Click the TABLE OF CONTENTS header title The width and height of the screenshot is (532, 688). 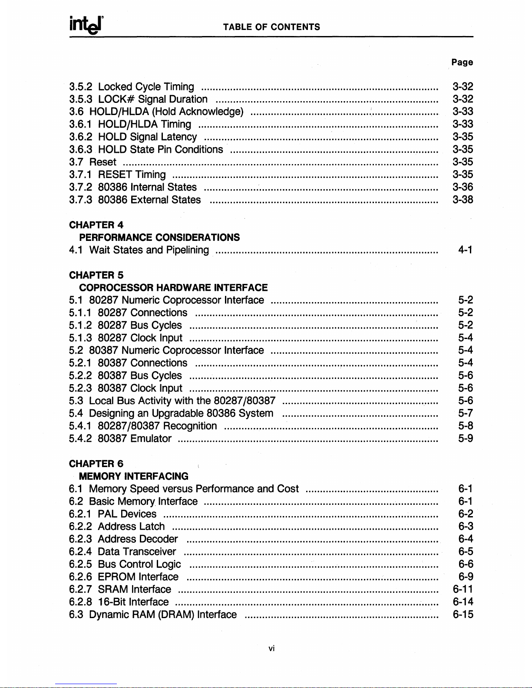pyautogui.click(x=271, y=27)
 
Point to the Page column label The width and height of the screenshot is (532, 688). pyautogui.click(x=462, y=62)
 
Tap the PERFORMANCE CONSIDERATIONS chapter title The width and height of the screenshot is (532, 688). pyautogui.click(x=159, y=237)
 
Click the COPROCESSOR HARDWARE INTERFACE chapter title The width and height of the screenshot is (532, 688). pyautogui.click(x=173, y=288)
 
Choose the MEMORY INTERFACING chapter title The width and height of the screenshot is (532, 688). pyautogui.click(x=134, y=477)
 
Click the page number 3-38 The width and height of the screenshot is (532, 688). pyautogui.click(x=463, y=200)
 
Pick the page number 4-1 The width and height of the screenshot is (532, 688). pyautogui.click(x=466, y=250)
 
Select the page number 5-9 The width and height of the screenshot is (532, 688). pyautogui.click(x=466, y=439)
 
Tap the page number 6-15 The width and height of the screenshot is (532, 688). pyautogui.click(x=463, y=615)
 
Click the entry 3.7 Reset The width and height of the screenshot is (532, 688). pyautogui.click(x=93, y=162)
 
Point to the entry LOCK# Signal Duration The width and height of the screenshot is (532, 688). pyautogui.click(x=152, y=99)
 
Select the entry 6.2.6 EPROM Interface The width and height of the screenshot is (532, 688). pyautogui.click(x=124, y=577)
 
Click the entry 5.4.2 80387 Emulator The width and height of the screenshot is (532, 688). pyautogui.click(x=120, y=439)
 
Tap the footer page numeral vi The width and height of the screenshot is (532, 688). pyautogui.click(x=271, y=648)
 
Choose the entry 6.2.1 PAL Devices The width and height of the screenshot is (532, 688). pyautogui.click(x=113, y=514)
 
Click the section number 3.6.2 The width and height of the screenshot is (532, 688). pyautogui.click(x=80, y=137)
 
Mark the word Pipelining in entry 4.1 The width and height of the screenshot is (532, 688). pyautogui.click(x=187, y=250)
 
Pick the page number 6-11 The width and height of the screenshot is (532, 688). pyautogui.click(x=463, y=589)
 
